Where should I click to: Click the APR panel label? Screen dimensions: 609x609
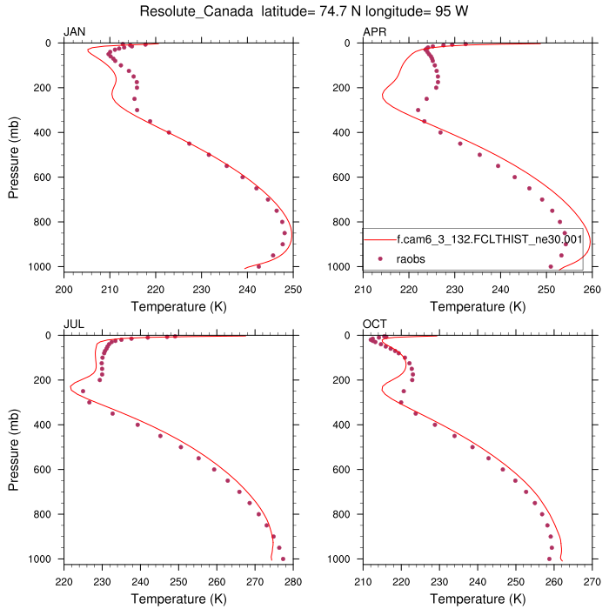(374, 32)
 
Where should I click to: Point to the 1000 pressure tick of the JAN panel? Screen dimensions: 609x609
(44, 266)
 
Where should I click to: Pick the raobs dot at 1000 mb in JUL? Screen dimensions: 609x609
(283, 559)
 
